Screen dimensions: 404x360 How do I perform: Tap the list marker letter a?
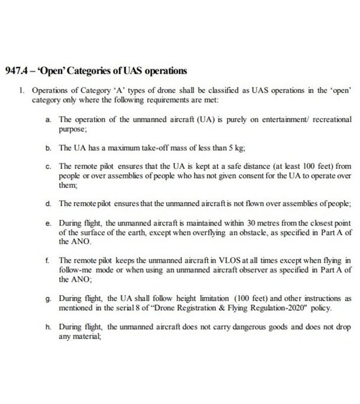[x=47, y=118]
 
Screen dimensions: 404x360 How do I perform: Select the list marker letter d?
[x=47, y=203]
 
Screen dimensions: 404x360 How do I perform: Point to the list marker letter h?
[x=47, y=327]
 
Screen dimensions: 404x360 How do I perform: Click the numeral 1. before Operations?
[x=21, y=92]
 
